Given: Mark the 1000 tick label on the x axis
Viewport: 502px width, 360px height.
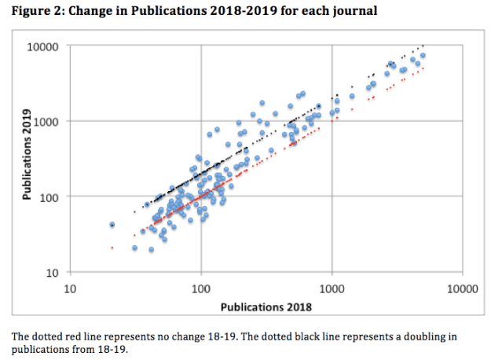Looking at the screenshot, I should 332,288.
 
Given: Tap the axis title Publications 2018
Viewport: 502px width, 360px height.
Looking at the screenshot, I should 266,306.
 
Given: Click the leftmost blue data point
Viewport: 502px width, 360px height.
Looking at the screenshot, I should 112,224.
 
